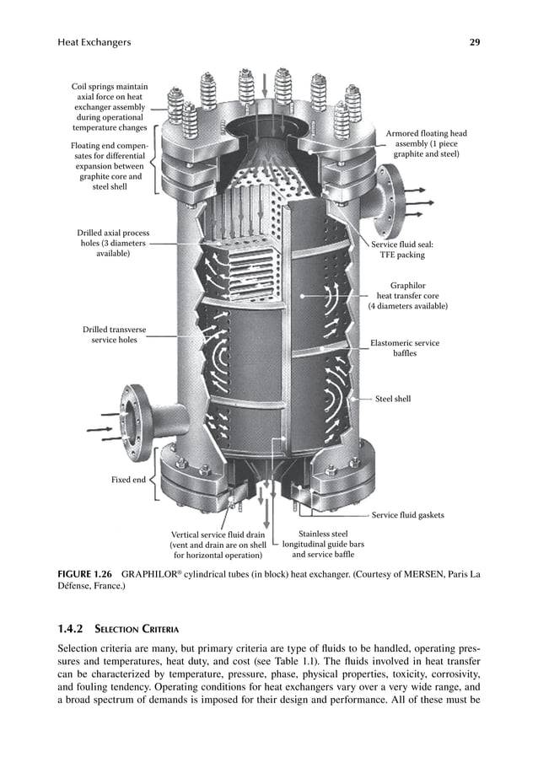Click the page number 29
(474, 41)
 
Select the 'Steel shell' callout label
(392, 399)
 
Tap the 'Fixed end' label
(128, 480)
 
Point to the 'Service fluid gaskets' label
(407, 514)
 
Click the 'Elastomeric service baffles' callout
(405, 348)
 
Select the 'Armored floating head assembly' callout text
(426, 144)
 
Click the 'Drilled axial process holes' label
(113, 243)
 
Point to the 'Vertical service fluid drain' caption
(218, 545)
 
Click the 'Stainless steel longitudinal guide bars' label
(323, 545)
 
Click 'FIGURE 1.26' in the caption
(84, 576)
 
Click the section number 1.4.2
(73, 630)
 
